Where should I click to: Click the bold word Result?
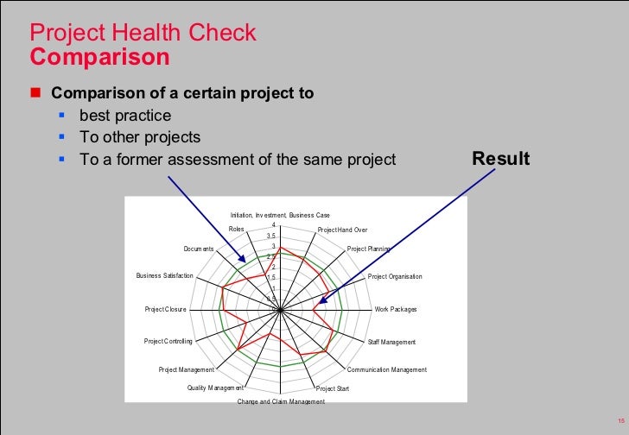click(x=501, y=160)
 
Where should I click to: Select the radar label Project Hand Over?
click(x=342, y=230)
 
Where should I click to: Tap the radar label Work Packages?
click(x=396, y=309)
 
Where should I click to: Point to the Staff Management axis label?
click(x=391, y=343)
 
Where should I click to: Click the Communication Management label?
click(x=386, y=370)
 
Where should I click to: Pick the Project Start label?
click(x=333, y=389)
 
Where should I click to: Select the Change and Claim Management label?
click(x=281, y=402)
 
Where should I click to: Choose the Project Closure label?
click(x=166, y=309)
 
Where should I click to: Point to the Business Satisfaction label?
click(x=164, y=276)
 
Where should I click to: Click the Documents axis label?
click(x=198, y=249)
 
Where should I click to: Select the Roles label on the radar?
click(x=236, y=229)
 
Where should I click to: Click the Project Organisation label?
click(x=395, y=277)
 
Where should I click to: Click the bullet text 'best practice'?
click(x=125, y=115)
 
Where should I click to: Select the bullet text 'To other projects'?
click(x=140, y=137)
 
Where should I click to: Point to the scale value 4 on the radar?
click(x=273, y=226)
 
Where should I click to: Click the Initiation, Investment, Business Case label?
click(x=280, y=215)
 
